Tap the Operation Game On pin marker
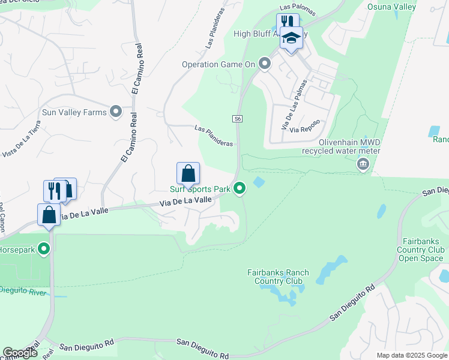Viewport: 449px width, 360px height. pos(265,64)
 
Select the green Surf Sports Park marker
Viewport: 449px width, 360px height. pos(240,189)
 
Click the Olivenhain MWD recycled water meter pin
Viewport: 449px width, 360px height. pos(363,164)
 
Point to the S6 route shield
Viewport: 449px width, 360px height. pos(238,119)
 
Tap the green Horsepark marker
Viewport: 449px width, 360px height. pos(43,248)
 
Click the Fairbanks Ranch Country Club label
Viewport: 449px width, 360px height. pos(278,277)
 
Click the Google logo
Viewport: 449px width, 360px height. pos(20,353)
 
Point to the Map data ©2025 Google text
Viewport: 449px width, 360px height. pos(412,355)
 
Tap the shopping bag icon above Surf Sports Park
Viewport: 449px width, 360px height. pos(188,173)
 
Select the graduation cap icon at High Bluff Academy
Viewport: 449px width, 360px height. pos(292,38)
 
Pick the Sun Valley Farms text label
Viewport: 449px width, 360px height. pos(74,112)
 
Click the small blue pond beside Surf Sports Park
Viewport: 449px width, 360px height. pos(259,181)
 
